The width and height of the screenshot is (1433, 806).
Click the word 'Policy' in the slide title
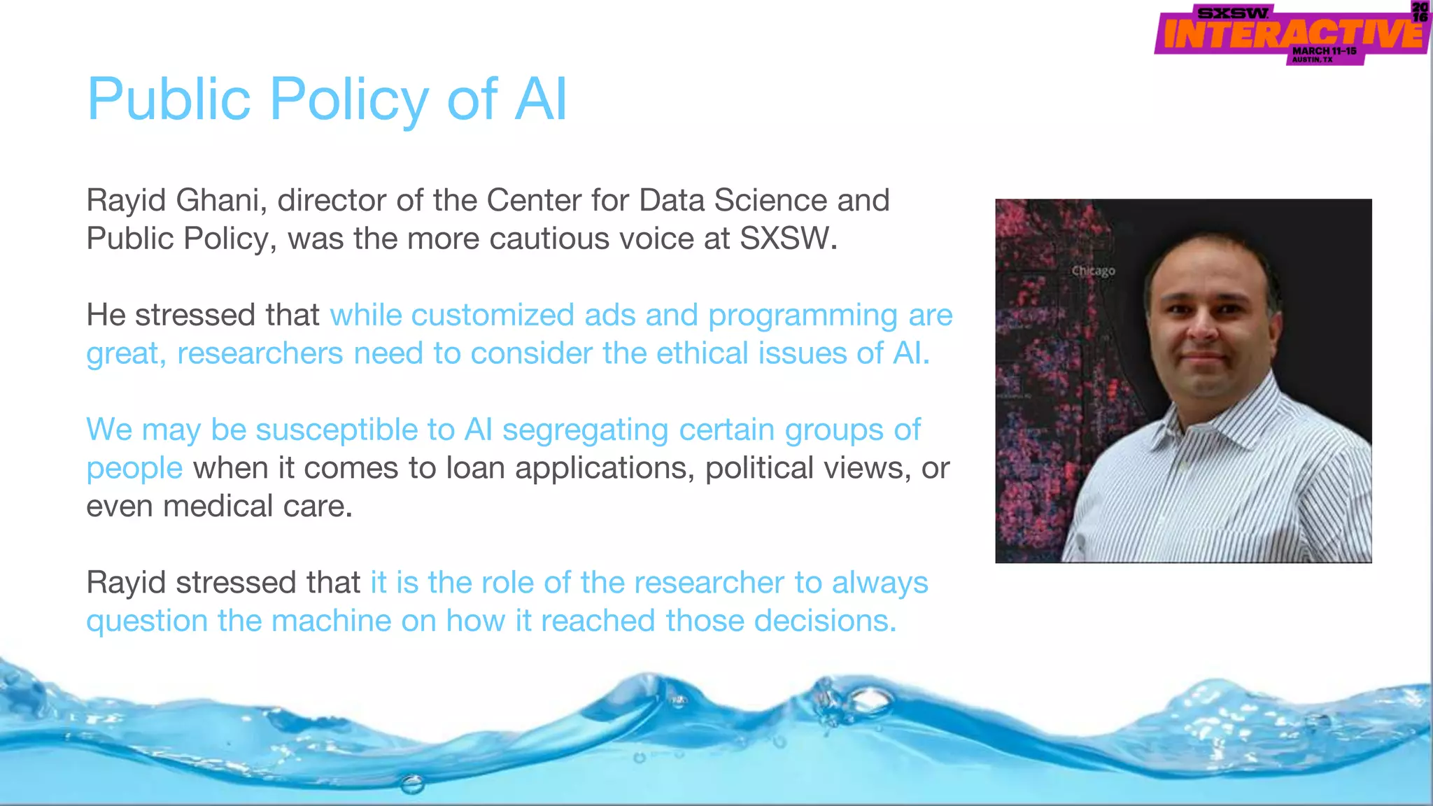(x=348, y=100)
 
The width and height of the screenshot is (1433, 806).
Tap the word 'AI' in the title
(x=540, y=100)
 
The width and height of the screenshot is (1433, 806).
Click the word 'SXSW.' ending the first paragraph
(x=789, y=239)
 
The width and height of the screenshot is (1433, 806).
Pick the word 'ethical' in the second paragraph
(x=700, y=353)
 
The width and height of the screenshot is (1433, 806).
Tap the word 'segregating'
(x=585, y=430)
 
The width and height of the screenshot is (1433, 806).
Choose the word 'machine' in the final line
(x=331, y=621)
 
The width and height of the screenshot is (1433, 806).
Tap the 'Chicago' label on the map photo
(x=1093, y=271)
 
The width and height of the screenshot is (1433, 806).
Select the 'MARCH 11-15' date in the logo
(x=1324, y=51)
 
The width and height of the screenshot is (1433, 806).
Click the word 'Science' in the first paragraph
(x=770, y=201)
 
